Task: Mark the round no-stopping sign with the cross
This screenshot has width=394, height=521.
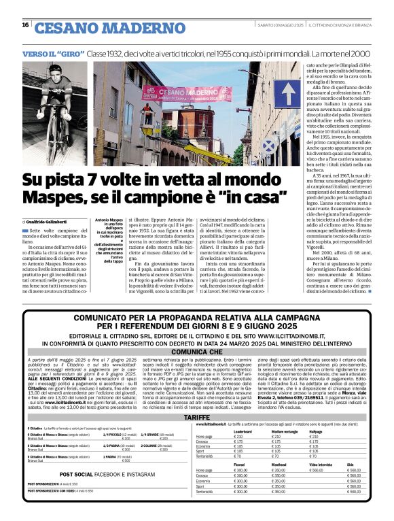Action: point(268,144)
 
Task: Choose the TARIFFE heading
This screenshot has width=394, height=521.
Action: point(197,416)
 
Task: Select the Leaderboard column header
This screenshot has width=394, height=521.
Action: point(242,431)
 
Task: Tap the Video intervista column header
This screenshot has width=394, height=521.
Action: point(321,465)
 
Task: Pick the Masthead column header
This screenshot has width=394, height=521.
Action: point(280,465)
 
